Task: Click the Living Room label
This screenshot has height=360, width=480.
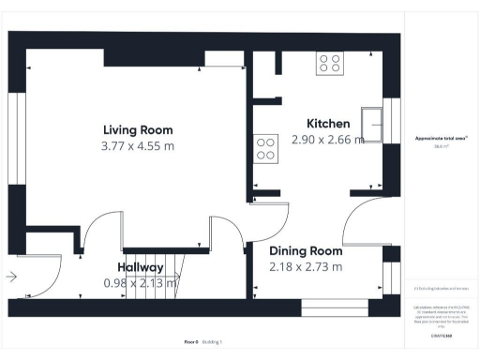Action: tap(138, 130)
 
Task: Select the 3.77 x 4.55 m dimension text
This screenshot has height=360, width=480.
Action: tap(138, 146)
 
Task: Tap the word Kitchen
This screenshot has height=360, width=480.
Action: tap(329, 124)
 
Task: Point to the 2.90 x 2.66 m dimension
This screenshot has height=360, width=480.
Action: tap(327, 140)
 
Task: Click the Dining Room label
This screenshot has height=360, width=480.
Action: tap(306, 251)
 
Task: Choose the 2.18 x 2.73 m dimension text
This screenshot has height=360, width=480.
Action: tap(306, 267)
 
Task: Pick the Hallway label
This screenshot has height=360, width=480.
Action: tap(141, 267)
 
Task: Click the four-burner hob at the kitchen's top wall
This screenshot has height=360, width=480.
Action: tap(329, 63)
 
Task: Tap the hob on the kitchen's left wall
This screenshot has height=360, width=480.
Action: tap(265, 148)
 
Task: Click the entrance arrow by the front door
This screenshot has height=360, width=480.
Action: tap(11, 277)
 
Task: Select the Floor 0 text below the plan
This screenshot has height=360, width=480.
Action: tap(190, 342)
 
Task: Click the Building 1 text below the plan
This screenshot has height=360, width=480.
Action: tap(215, 342)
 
